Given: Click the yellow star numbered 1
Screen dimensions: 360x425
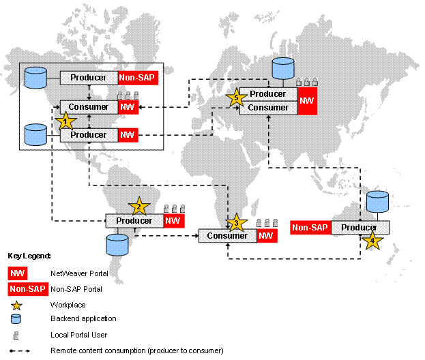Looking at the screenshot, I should [65, 121].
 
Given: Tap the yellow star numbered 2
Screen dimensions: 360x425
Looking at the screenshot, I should [138, 207].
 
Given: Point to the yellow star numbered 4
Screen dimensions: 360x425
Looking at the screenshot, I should [372, 240].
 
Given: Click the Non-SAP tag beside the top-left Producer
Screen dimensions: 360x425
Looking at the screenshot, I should [138, 78].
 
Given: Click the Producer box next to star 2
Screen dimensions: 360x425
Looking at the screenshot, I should [134, 221].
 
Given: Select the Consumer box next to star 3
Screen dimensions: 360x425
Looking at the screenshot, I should [227, 236].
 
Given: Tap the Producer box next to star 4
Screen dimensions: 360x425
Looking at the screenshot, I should [360, 228].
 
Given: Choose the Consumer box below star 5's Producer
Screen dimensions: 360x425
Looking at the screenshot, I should [268, 108].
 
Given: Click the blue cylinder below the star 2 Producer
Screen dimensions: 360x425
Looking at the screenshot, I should [118, 243].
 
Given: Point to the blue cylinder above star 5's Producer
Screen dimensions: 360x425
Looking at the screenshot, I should [282, 69].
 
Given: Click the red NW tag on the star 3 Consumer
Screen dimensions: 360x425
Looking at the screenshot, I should [267, 236].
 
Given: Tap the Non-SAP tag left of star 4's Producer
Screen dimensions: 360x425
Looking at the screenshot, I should [311, 228].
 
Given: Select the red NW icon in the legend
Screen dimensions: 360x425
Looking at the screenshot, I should [18, 273].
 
